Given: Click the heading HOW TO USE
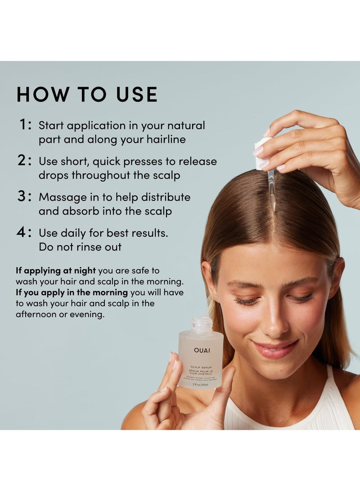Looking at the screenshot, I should coord(87,95).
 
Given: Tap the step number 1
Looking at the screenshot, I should coord(24,125).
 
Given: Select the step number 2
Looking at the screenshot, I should coord(24,161).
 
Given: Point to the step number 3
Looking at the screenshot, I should coord(24,197).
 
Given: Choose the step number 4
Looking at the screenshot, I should coord(24,233).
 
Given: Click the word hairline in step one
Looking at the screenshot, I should coord(166,140).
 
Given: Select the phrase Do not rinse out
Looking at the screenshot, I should coord(80,247).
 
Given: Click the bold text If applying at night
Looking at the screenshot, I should coord(56,270).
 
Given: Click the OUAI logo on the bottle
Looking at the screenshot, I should coord(202,350).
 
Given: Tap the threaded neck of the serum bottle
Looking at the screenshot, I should coord(201,324).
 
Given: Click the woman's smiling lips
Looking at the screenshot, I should coord(275,349).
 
